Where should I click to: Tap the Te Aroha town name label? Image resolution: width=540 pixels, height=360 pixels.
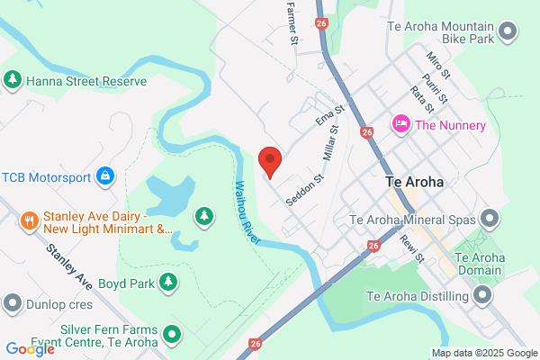pyautogui.click(x=414, y=181)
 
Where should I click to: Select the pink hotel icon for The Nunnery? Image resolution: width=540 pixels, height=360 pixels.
pyautogui.click(x=400, y=124)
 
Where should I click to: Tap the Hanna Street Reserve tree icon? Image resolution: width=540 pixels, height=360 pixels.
pyautogui.click(x=13, y=81)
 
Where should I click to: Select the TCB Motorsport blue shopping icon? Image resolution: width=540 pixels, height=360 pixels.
pyautogui.click(x=105, y=174)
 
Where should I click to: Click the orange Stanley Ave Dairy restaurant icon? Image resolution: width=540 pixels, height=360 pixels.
pyautogui.click(x=29, y=220)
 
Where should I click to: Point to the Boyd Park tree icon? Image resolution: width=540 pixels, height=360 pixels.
pyautogui.click(x=167, y=283)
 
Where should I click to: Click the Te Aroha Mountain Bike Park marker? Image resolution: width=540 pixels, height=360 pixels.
pyautogui.click(x=508, y=32)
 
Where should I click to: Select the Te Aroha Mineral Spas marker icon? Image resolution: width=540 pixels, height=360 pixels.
pyautogui.click(x=490, y=218)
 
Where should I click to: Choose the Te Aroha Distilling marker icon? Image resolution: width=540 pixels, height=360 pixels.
pyautogui.click(x=482, y=296)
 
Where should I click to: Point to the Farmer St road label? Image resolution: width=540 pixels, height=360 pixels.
pyautogui.click(x=292, y=24)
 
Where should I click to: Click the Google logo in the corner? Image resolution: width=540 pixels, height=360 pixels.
pyautogui.click(x=30, y=348)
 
